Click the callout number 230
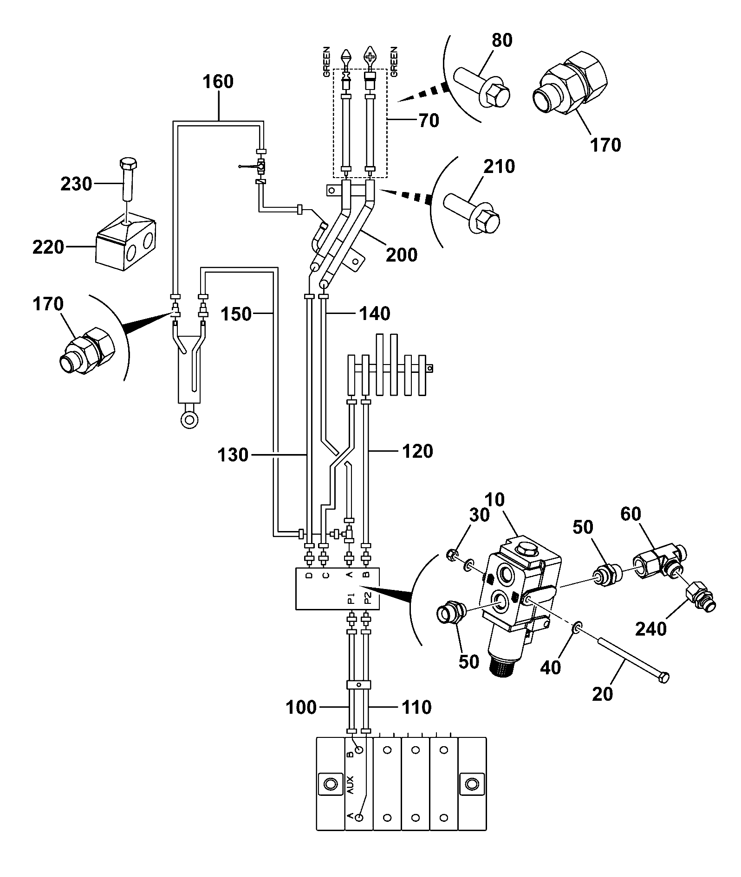coord(76,184)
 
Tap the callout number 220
coord(48,247)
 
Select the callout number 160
coord(218,82)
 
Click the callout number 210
coord(499,166)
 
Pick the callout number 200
coord(402,255)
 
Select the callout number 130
coord(233,455)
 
